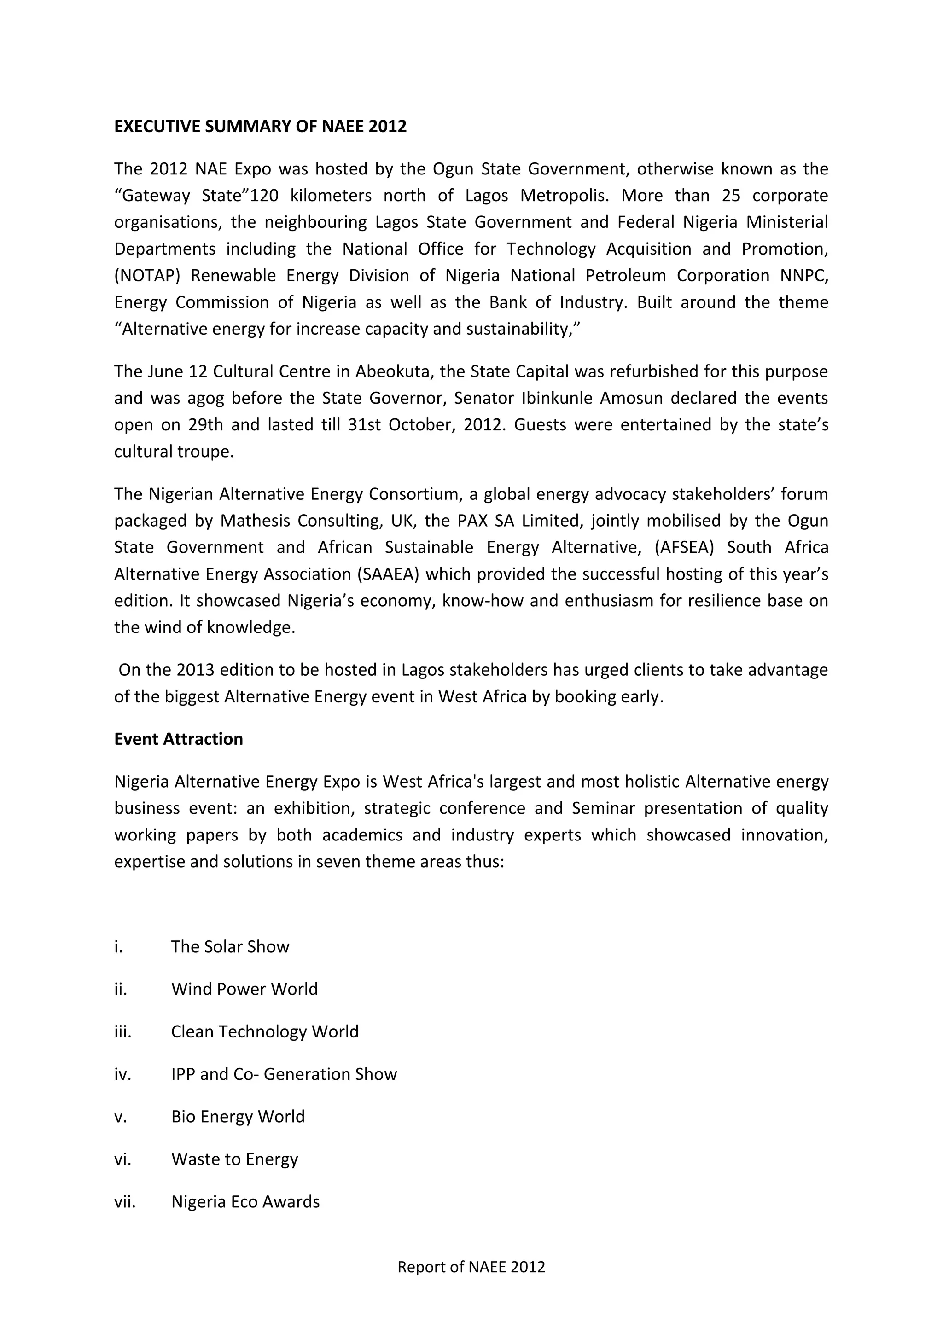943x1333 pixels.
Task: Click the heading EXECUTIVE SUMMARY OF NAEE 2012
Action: coord(260,127)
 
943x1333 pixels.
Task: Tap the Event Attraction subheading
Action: coord(178,739)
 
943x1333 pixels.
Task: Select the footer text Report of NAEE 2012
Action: coord(471,1267)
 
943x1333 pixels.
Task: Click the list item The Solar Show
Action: coord(230,947)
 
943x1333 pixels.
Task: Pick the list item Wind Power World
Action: coord(244,989)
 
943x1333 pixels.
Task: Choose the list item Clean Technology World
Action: coord(265,1032)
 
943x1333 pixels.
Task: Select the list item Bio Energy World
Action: coord(238,1117)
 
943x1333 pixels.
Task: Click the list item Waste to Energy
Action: coord(234,1159)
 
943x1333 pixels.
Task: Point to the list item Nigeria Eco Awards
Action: coord(245,1201)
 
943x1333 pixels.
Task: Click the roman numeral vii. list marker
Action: coord(124,1201)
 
